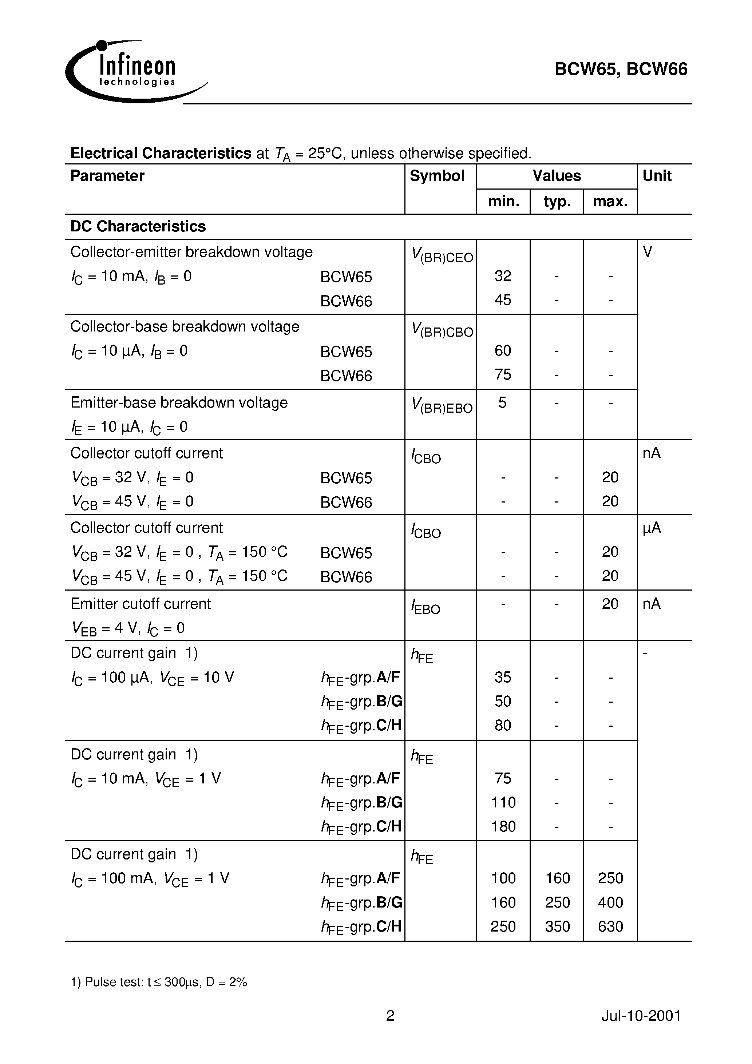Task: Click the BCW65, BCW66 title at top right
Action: pyautogui.click(x=621, y=70)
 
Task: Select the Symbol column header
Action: pyautogui.click(x=437, y=176)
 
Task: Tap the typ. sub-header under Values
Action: pyautogui.click(x=557, y=202)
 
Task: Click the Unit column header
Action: pyautogui.click(x=657, y=176)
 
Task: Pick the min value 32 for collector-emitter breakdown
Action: pyautogui.click(x=503, y=276)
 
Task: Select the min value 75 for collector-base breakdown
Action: pyautogui.click(x=503, y=374)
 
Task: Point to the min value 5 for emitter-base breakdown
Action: pyautogui.click(x=503, y=403)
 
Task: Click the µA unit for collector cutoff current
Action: pyautogui.click(x=652, y=528)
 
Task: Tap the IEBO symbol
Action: pyautogui.click(x=425, y=607)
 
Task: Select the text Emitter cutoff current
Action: pyautogui.click(x=140, y=604)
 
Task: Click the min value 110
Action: pyautogui.click(x=503, y=803)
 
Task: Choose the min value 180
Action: pyautogui.click(x=503, y=827)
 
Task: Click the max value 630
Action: pyautogui.click(x=610, y=927)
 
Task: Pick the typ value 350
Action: pyautogui.click(x=557, y=927)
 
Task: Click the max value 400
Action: pyautogui.click(x=610, y=903)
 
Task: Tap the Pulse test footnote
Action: pyautogui.click(x=159, y=982)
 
